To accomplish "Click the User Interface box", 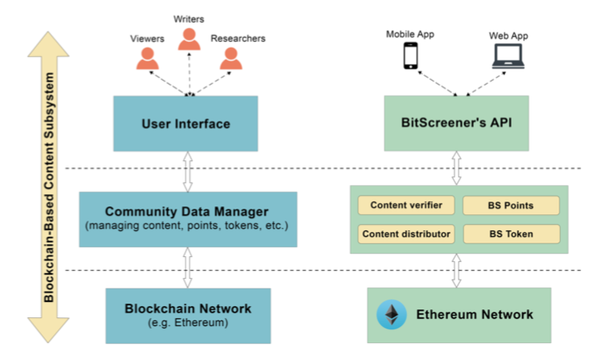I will [x=186, y=124].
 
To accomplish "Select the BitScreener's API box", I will [x=456, y=124].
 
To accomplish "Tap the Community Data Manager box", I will [x=188, y=219].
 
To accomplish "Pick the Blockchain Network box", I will [x=188, y=313].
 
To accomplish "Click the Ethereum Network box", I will [x=459, y=315].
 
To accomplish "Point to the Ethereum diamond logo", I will [x=392, y=315].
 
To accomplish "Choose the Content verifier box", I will [x=406, y=205].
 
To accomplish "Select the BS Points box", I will [x=511, y=205].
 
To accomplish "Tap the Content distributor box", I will [x=406, y=234].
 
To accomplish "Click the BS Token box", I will [x=511, y=234].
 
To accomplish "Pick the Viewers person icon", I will [x=147, y=59].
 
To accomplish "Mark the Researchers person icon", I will [x=230, y=59].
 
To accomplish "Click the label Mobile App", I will [x=410, y=34].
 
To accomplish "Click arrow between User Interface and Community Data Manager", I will [x=188, y=172].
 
